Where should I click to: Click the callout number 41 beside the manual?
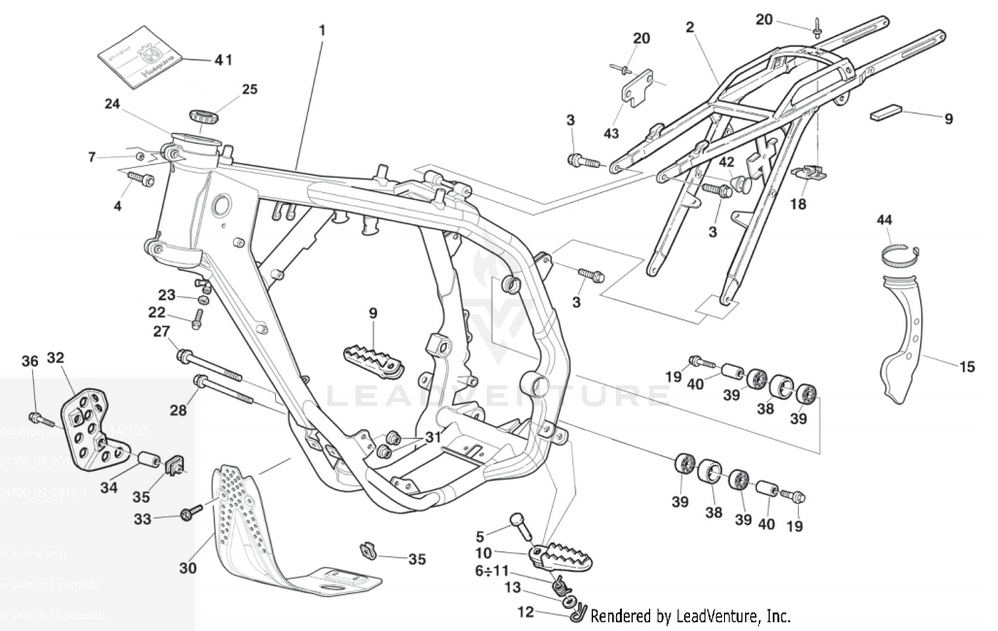(x=223, y=60)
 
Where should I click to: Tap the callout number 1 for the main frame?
(x=322, y=31)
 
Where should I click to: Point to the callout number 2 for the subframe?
(x=690, y=27)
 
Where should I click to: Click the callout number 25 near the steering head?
(x=249, y=89)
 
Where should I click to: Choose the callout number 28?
(x=178, y=410)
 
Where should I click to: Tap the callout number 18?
(x=798, y=203)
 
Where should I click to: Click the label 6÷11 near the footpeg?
(x=491, y=570)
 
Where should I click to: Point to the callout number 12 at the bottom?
(x=526, y=611)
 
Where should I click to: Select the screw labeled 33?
(x=190, y=514)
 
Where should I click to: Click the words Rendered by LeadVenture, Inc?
(x=690, y=616)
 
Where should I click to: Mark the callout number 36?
(x=30, y=361)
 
